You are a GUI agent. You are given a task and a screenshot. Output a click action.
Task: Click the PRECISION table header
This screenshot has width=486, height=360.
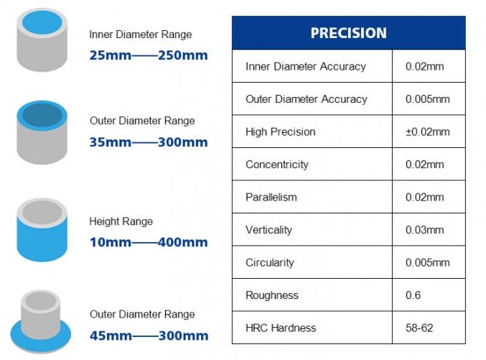coord(348,33)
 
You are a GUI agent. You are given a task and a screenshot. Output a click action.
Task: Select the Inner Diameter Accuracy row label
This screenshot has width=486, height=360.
coord(305,66)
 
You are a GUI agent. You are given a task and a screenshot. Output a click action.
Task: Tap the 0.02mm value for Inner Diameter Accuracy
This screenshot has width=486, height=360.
coord(424,66)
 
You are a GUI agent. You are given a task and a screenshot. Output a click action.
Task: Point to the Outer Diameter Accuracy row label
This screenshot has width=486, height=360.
coord(306,99)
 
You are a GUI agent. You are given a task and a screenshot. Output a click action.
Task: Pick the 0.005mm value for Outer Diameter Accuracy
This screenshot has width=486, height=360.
coord(427,99)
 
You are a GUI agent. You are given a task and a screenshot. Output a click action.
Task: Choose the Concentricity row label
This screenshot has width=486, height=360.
coord(277,165)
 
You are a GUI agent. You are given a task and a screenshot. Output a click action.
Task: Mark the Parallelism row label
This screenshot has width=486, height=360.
coord(271,197)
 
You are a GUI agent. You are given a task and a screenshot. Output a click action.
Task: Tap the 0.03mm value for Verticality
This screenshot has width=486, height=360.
coord(424,230)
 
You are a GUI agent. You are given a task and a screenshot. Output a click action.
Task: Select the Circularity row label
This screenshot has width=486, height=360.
coord(269,262)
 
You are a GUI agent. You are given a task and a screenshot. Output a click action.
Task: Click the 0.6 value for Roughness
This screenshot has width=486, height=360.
coord(413,295)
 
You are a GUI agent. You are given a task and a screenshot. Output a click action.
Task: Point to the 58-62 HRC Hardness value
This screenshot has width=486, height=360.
coord(419,328)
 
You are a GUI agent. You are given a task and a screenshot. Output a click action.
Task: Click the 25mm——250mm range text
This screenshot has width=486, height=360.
coord(149,55)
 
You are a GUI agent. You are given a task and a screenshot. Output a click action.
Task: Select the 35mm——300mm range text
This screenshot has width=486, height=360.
coord(149,142)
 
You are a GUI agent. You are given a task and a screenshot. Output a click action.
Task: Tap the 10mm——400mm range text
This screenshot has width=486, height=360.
coord(149,242)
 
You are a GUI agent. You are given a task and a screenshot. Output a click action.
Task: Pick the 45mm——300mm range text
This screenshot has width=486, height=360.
coord(149,336)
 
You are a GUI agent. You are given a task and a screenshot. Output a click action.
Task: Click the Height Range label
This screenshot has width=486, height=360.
coord(121,221)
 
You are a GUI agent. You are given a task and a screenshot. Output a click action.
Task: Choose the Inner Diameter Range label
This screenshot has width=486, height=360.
coord(141,34)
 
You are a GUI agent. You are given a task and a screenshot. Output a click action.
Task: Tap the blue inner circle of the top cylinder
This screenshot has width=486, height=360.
coord(42,24)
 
